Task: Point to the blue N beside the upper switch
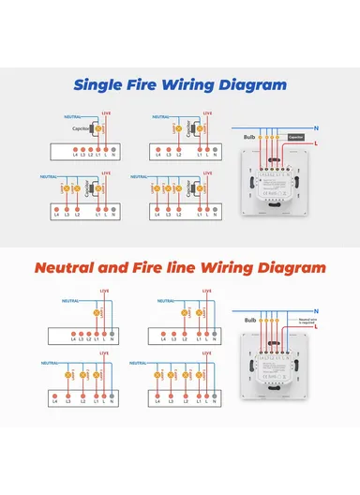coord(318,127)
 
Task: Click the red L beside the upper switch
coord(318,142)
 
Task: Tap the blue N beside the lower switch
coord(318,310)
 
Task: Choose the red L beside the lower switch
coord(318,327)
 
